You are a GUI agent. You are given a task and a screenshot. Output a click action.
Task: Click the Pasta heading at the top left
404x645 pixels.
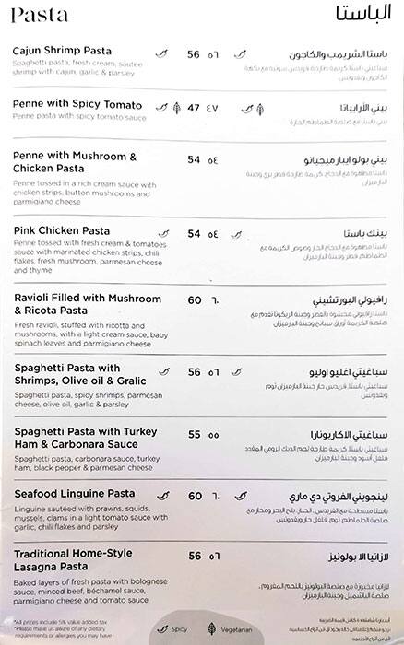coord(34,16)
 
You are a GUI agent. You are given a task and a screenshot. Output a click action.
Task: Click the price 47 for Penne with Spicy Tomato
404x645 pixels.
coord(194,108)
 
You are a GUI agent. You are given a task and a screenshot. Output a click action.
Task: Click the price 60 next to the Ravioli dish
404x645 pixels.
coord(194,300)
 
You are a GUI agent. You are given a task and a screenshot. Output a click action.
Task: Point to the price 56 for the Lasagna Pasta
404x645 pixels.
coord(194,557)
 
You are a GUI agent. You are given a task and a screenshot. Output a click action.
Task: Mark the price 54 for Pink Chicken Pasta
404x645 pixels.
coord(194,233)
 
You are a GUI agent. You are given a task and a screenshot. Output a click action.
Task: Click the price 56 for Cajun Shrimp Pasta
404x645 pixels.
coord(194,54)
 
